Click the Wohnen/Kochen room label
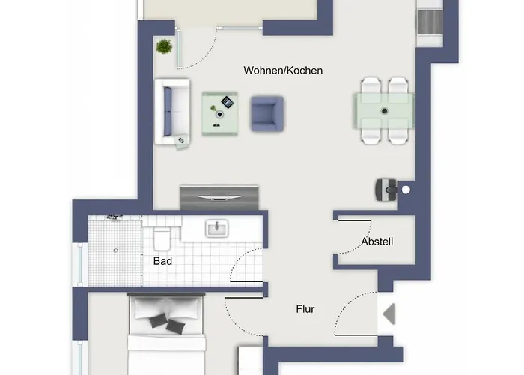tap(283, 70)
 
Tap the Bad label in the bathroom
tap(162, 261)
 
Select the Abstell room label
tap(377, 241)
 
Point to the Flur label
tap(305, 309)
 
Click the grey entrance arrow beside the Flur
tap(390, 313)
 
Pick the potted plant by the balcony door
tap(164, 46)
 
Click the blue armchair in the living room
tap(267, 114)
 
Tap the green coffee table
tap(219, 114)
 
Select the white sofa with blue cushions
tap(172, 112)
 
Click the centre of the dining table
tap(384, 111)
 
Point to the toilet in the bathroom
tap(162, 238)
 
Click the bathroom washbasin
tap(216, 228)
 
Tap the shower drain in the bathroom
tap(115, 250)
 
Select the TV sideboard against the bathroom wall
tap(219, 198)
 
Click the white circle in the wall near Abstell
tap(406, 190)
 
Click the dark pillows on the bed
tap(167, 322)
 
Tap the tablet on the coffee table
tap(228, 102)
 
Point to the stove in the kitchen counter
tap(430, 22)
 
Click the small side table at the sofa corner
tap(181, 141)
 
